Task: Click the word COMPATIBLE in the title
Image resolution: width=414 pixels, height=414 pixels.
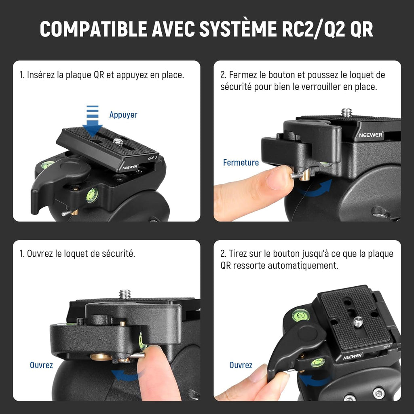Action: click(93, 29)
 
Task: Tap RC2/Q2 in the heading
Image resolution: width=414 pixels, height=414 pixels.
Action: click(313, 29)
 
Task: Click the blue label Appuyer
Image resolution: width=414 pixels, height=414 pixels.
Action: click(123, 115)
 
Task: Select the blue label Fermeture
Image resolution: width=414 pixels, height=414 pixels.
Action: click(241, 163)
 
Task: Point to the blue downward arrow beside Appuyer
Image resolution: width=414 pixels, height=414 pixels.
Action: click(93, 121)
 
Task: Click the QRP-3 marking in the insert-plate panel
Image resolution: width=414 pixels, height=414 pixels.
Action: click(152, 158)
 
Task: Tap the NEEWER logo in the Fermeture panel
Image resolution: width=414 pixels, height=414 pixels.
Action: click(371, 135)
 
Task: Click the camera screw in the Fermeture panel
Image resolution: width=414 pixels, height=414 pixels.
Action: click(346, 113)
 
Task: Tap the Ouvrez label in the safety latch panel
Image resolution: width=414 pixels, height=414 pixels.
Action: click(41, 365)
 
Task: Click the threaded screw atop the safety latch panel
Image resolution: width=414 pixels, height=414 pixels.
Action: click(125, 294)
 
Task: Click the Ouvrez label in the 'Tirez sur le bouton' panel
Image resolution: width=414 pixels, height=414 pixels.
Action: click(241, 365)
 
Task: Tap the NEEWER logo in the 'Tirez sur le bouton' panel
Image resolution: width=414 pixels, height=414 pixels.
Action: click(353, 356)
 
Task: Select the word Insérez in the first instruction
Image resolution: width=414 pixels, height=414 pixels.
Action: click(41, 75)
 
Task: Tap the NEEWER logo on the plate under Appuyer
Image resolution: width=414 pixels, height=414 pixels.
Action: click(130, 167)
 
